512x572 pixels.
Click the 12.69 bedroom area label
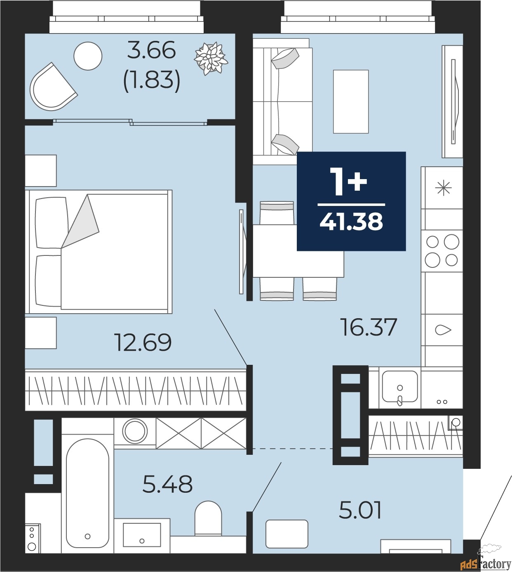pos(143,343)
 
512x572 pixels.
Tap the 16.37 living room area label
pos(369,327)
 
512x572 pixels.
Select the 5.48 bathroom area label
pos(167,484)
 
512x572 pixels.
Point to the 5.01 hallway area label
pos(360,510)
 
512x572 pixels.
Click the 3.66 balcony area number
pos(151,50)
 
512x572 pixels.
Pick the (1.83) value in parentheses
pos(152,79)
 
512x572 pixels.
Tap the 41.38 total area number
pos(351,222)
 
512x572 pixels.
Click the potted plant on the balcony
pos(211,58)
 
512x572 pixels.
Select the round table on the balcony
pos(88,56)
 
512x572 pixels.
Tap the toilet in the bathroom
pos(208,518)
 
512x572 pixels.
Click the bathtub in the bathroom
pos(87,495)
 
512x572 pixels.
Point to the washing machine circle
pos(135,431)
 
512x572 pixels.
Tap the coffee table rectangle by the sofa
pos(351,102)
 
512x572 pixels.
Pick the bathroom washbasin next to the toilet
pos(142,535)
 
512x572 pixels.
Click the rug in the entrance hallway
pos(287,534)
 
